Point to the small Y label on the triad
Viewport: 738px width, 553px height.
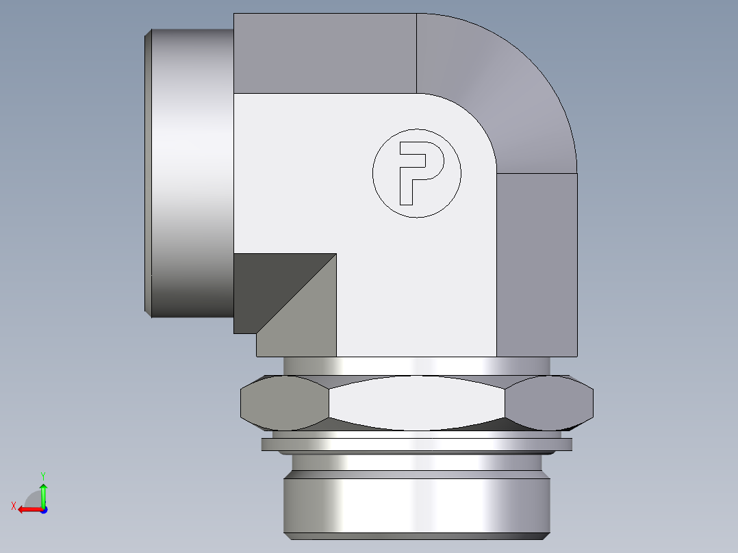tap(42, 474)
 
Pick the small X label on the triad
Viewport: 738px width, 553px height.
tap(13, 506)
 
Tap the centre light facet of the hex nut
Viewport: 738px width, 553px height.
tap(417, 403)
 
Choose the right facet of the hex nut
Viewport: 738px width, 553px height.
tap(551, 403)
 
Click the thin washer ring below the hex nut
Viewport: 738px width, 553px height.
tap(416, 445)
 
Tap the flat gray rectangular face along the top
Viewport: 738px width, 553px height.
tap(325, 53)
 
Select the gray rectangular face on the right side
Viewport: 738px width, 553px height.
tap(537, 263)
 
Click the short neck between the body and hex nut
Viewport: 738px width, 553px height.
tap(416, 366)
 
